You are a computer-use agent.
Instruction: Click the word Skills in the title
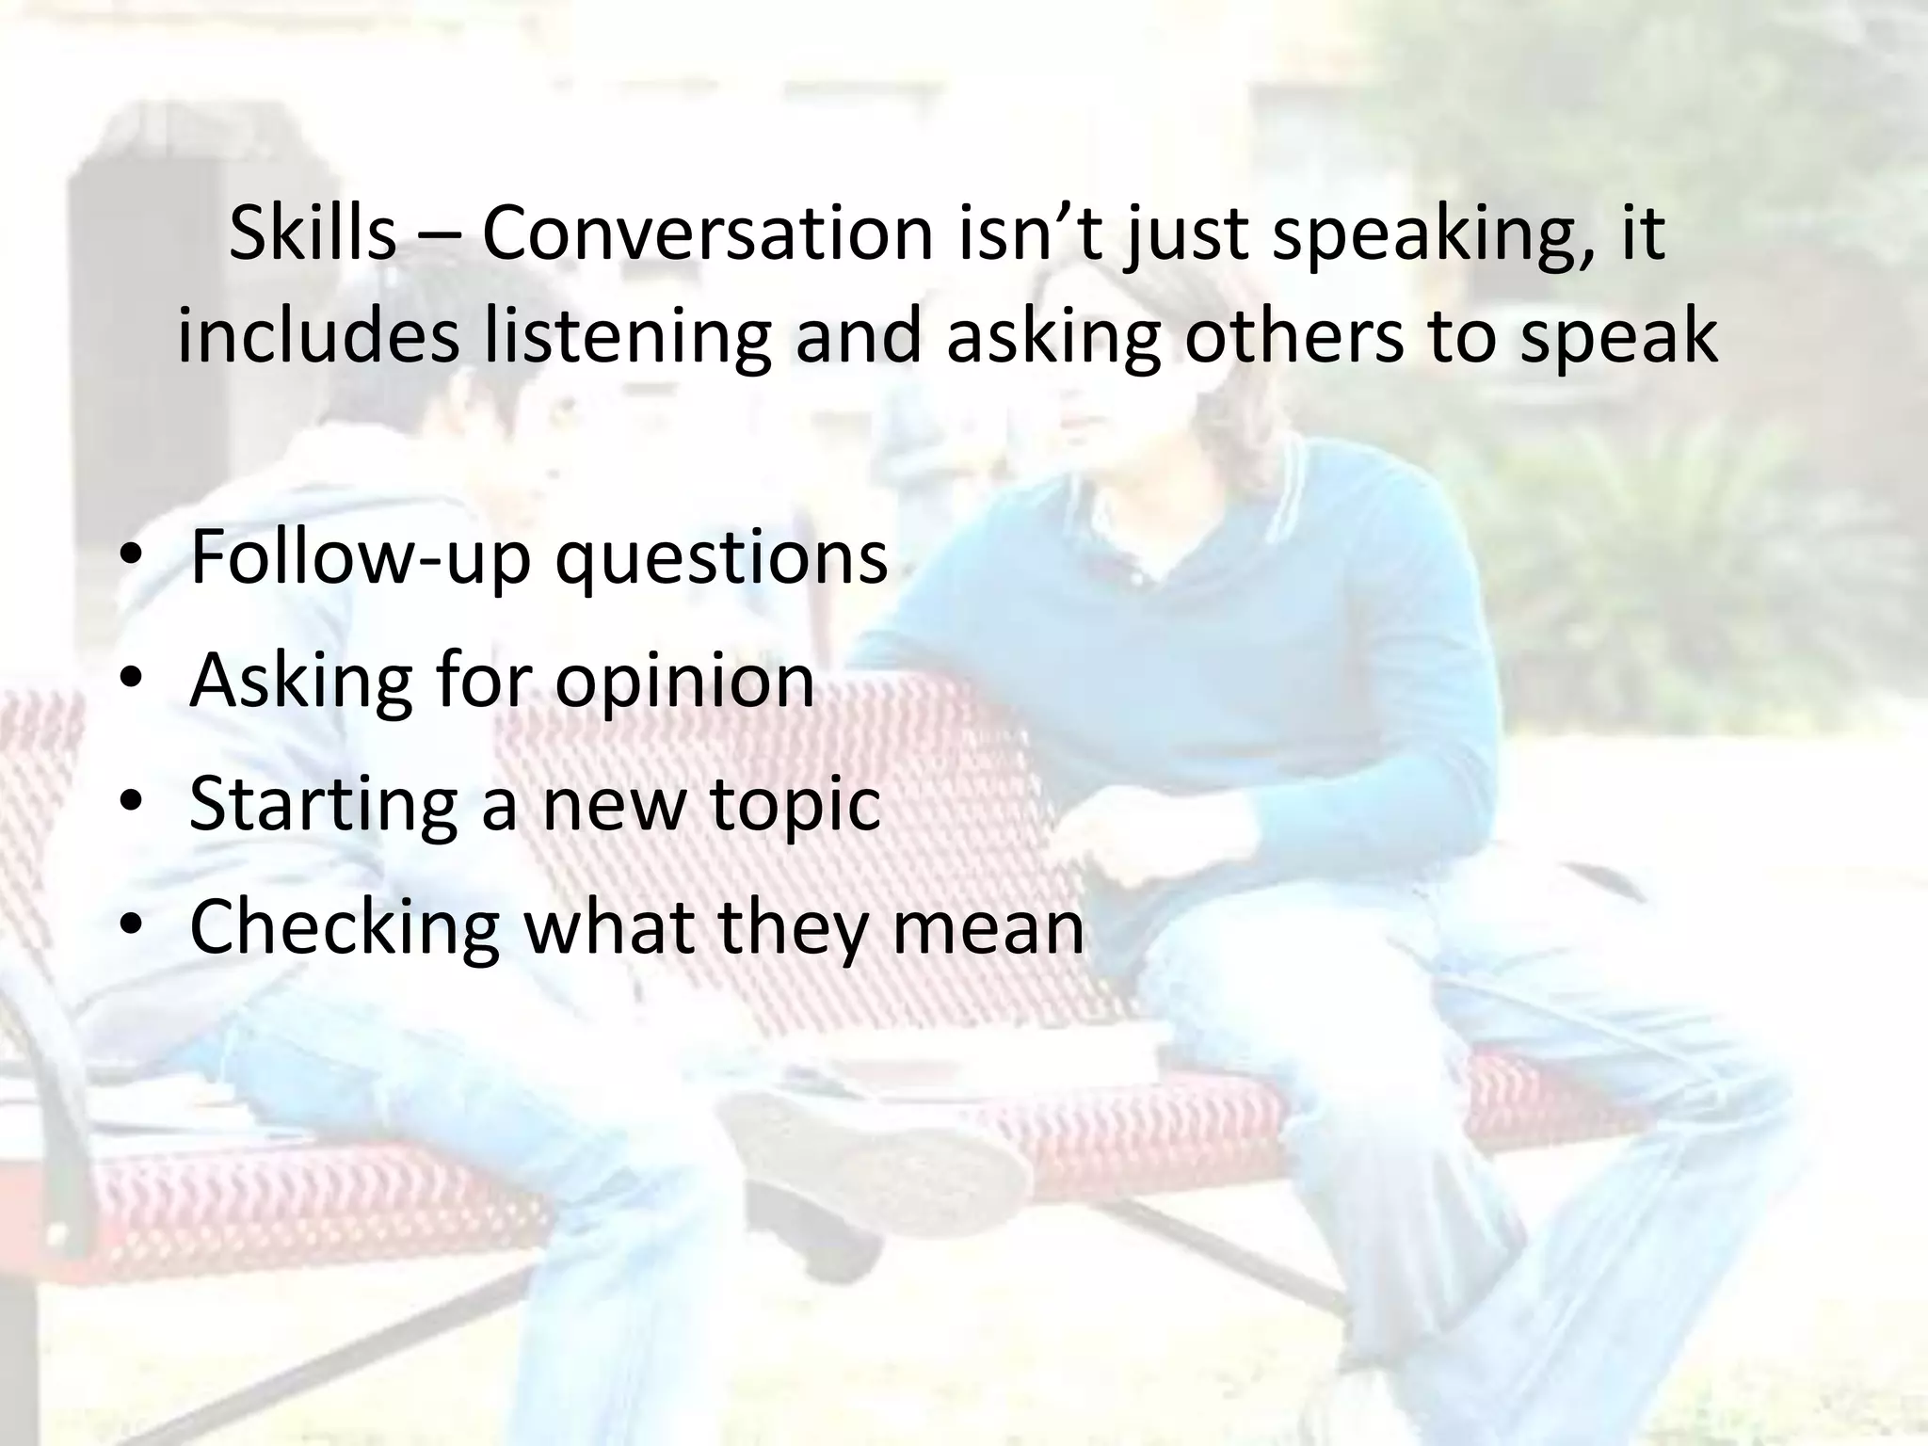tap(312, 233)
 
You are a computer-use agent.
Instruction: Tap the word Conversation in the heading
tap(707, 233)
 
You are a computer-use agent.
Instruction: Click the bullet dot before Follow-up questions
tap(130, 557)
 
